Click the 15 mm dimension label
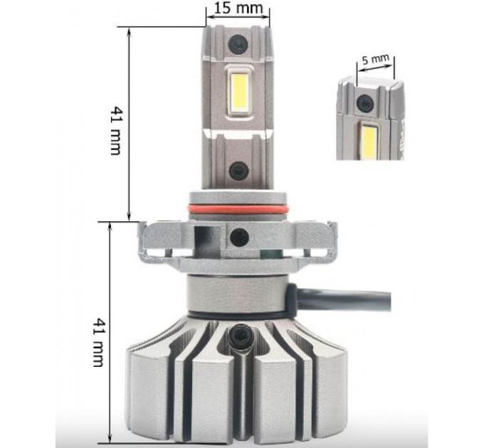click(238, 8)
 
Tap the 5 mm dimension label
click(375, 59)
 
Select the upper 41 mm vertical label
click(116, 131)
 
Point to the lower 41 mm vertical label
click(98, 342)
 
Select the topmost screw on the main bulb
click(238, 44)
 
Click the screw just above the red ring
click(239, 171)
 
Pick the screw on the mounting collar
click(240, 237)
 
